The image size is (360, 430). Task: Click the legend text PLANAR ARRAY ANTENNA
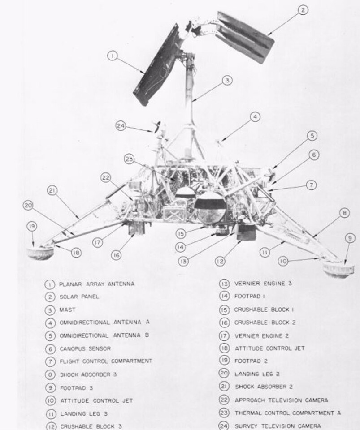pyautogui.click(x=96, y=284)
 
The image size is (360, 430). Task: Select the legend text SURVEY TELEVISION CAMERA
pyautogui.click(x=278, y=426)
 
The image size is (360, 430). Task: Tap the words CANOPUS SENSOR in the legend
pyautogui.click(x=85, y=348)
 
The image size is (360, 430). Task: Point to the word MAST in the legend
pyautogui.click(x=68, y=310)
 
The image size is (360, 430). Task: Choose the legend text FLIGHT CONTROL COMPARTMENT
pyautogui.click(x=106, y=361)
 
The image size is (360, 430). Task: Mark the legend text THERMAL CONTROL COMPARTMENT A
pyautogui.click(x=287, y=413)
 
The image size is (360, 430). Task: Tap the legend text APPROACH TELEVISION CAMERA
pyautogui.click(x=281, y=400)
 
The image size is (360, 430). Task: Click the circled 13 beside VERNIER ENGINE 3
pyautogui.click(x=224, y=284)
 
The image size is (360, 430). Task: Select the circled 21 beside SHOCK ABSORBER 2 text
pyautogui.click(x=224, y=387)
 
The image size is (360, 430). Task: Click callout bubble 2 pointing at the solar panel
pyautogui.click(x=304, y=10)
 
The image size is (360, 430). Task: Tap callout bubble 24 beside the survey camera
pyautogui.click(x=120, y=126)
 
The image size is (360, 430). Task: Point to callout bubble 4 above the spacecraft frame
pyautogui.click(x=254, y=117)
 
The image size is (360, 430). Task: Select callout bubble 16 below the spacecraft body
pyautogui.click(x=116, y=255)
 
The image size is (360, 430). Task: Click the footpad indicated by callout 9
pyautogui.click(x=339, y=270)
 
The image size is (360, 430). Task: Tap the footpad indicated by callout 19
pyautogui.click(x=40, y=253)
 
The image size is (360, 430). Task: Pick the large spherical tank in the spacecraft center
pyautogui.click(x=210, y=209)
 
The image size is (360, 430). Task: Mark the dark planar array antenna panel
pyautogui.click(x=157, y=67)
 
